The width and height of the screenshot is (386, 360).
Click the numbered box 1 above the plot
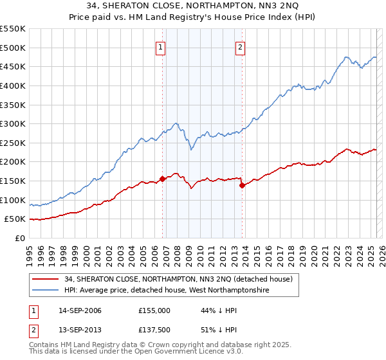160,46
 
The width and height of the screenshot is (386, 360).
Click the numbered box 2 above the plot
239,46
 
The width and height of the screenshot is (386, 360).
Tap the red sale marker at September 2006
162,179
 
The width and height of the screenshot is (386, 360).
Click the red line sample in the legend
45,279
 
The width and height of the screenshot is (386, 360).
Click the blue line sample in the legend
45,290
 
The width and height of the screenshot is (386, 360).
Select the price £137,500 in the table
154,329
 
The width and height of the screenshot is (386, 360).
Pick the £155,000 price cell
154,310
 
